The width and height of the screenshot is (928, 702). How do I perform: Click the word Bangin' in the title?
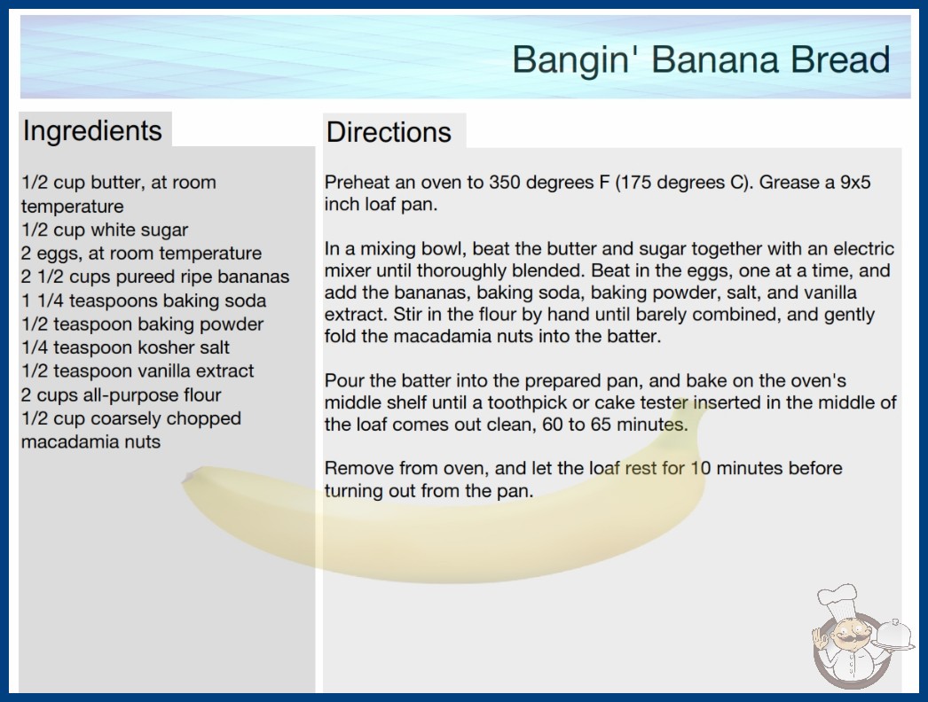coord(570,60)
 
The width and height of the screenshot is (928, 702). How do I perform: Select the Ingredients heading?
coord(92,131)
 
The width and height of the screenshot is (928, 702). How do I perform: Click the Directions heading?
coord(389,132)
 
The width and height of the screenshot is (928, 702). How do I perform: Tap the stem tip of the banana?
coord(187,477)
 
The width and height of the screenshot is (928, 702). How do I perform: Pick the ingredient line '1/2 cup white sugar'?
coord(105,230)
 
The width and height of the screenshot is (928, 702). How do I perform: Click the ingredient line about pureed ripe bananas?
coord(155,277)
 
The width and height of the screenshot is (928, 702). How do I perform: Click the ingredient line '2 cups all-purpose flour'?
coord(122,394)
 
